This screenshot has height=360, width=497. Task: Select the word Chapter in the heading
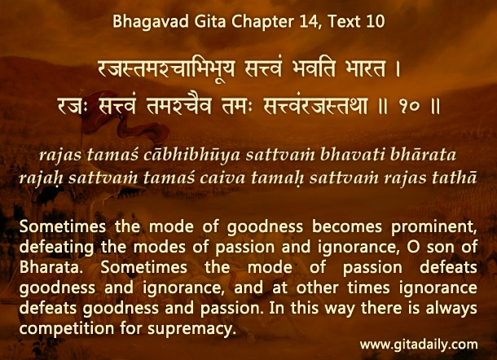pyautogui.click(x=263, y=22)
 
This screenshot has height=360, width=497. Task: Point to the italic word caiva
pyautogui.click(x=222, y=178)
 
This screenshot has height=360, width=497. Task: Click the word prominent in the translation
pyautogui.click(x=434, y=227)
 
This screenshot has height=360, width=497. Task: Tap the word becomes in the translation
pyautogui.click(x=347, y=226)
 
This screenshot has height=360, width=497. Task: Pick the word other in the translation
pyautogui.click(x=317, y=288)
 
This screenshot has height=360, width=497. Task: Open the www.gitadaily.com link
pyautogui.click(x=419, y=345)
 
